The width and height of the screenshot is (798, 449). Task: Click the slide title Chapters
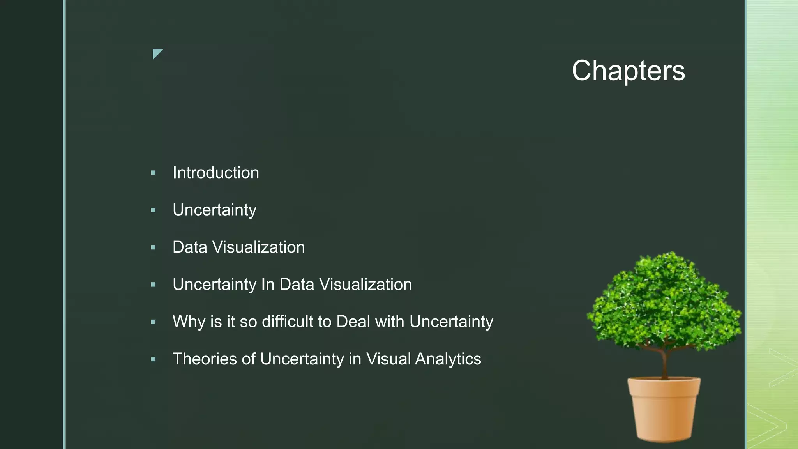[x=628, y=71]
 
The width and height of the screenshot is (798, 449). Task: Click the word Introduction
[x=215, y=173]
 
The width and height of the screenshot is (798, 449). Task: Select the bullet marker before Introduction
[x=153, y=173]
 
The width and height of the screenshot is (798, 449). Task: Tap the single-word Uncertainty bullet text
[x=214, y=210]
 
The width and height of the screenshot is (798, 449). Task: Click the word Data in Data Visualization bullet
[x=189, y=247]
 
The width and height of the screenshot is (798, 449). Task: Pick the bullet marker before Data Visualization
[x=153, y=247]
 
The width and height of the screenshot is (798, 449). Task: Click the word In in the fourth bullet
[x=268, y=285]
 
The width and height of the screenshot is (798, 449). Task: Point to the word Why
[x=189, y=322]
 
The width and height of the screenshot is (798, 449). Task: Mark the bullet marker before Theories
[x=153, y=359]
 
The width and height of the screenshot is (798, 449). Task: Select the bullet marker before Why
[x=153, y=322]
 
